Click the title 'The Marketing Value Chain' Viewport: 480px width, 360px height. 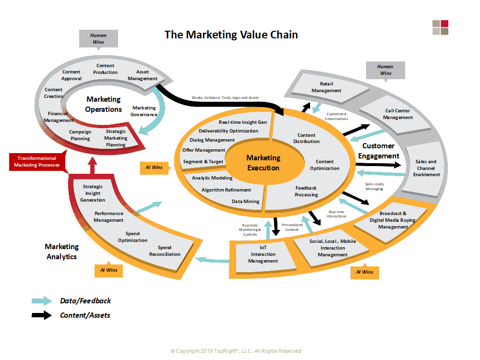pos(231,35)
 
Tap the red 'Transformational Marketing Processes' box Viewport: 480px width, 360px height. pos(37,161)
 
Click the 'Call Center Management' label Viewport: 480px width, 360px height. pos(397,114)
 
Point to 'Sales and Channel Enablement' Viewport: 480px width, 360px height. pos(426,168)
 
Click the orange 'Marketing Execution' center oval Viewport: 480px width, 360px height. pos(263,162)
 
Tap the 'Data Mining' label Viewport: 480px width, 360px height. pos(245,202)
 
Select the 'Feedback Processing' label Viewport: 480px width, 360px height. pos(306,191)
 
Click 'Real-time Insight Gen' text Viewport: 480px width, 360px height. pos(243,122)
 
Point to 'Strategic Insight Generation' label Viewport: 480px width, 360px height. pos(93,193)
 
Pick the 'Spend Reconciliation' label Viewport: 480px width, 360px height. pos(165,251)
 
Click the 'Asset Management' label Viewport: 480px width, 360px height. pos(143,75)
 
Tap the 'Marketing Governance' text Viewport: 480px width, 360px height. pos(144,111)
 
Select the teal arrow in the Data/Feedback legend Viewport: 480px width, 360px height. pos(42,301)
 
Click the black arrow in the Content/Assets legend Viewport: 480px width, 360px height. pos(42,315)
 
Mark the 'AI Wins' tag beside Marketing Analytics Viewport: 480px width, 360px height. pos(108,270)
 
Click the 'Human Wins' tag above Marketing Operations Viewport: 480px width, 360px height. pos(98,38)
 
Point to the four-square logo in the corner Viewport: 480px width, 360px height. pos(440,27)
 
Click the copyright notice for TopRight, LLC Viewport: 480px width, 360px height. pos(236,351)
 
